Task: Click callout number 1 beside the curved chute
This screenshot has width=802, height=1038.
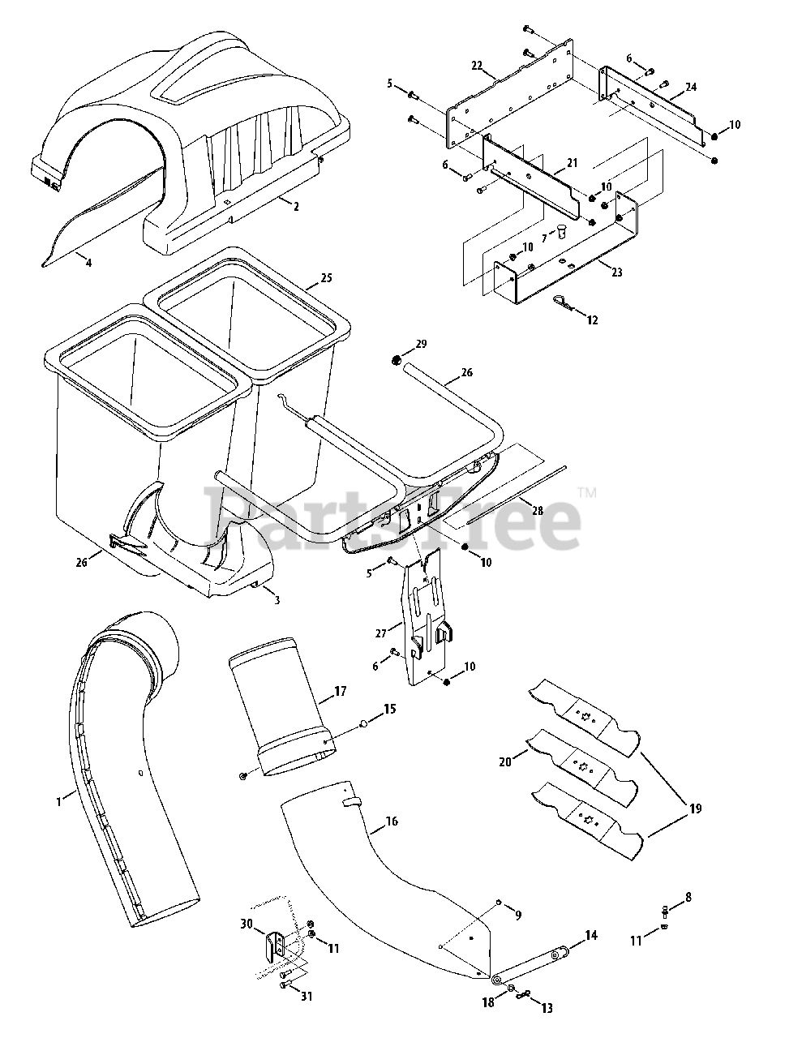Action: pos(58,801)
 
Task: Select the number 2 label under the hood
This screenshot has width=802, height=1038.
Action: pos(296,206)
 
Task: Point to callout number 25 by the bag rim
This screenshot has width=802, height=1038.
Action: pos(326,277)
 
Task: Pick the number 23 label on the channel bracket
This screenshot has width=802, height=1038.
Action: pos(617,272)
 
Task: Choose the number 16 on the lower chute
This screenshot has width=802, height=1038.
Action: pos(392,821)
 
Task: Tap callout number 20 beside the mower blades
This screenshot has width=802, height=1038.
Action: pos(505,761)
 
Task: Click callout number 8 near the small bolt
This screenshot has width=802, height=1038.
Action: pos(688,897)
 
